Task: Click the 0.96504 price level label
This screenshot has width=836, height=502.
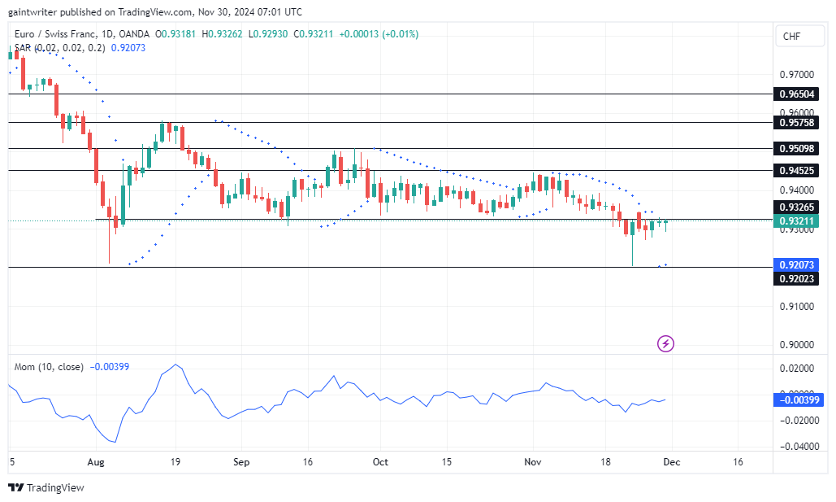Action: [x=797, y=94]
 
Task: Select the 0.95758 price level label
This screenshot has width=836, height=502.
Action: [x=797, y=123]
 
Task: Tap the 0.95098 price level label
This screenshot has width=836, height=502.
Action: [x=797, y=149]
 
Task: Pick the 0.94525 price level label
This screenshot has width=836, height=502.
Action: [x=797, y=171]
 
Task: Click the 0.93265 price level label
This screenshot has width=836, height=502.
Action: [x=797, y=208]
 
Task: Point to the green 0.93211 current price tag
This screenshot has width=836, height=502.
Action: [x=797, y=221]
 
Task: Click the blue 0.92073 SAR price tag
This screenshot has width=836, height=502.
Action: [x=797, y=265]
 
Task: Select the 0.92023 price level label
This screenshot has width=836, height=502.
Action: [x=797, y=279]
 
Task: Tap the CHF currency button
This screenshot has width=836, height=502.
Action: [x=791, y=37]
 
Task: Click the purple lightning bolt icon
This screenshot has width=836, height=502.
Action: [x=665, y=343]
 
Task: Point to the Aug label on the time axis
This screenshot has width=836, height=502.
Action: [x=96, y=461]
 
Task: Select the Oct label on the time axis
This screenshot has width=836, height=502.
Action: [x=379, y=461]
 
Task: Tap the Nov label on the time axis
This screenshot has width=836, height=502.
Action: [x=532, y=461]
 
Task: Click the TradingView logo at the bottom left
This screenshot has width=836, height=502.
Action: [x=46, y=487]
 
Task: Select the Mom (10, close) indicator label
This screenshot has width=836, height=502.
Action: [x=49, y=367]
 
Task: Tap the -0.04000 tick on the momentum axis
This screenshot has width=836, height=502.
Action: [x=797, y=447]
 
